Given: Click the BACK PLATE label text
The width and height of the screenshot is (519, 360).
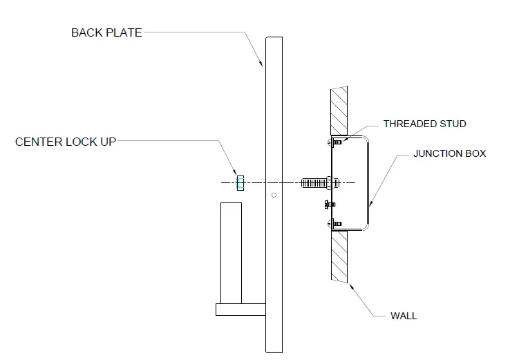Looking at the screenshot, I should coord(106,32).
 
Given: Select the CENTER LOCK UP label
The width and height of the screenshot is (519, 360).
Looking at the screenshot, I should coord(66,142).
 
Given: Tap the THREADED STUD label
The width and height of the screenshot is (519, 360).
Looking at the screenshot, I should coord(424,124).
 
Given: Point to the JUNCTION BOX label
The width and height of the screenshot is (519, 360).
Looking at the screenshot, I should coord(449,153).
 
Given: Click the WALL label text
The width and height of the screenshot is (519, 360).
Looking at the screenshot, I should coord(404,316).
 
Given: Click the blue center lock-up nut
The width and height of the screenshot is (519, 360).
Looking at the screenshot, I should coord(240,182).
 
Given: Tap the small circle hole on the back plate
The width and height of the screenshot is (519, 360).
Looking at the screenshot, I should coord(274,196).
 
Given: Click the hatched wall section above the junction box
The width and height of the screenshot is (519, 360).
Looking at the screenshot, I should coord(341,110).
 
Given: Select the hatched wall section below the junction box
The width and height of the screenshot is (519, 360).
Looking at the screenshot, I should coord(341,256).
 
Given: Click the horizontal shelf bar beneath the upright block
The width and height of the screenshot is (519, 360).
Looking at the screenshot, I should coord(240,310).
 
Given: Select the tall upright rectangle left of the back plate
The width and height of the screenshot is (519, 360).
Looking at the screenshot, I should coord(231,252).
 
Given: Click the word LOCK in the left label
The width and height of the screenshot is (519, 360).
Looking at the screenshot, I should coord(77,142).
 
